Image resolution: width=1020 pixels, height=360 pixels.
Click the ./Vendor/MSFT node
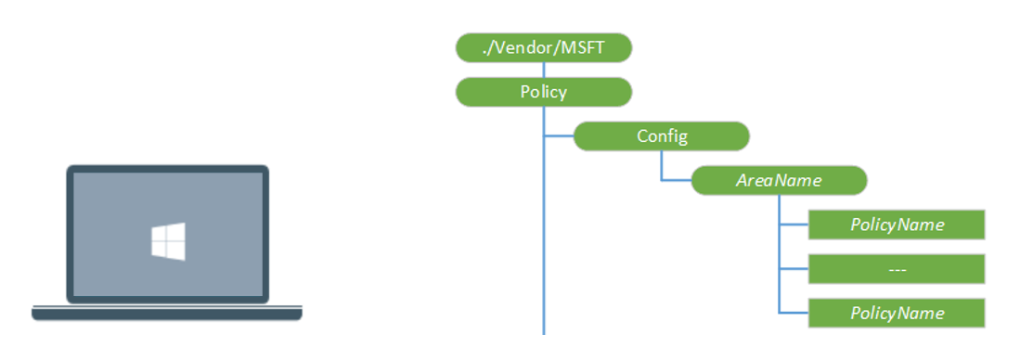pyautogui.click(x=544, y=47)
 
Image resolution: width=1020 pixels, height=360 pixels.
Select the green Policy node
pyautogui.click(x=544, y=92)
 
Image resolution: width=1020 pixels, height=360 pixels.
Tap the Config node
pyautogui.click(x=661, y=136)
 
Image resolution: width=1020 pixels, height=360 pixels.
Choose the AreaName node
pyautogui.click(x=779, y=180)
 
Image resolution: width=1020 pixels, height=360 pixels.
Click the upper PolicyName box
pyautogui.click(x=897, y=225)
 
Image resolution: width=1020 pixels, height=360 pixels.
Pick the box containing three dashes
pyautogui.click(x=897, y=269)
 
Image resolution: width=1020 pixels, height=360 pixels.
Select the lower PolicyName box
pyautogui.click(x=897, y=313)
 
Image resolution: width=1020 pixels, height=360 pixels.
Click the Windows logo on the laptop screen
pyautogui.click(x=168, y=240)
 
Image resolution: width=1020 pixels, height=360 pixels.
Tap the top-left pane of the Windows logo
pyautogui.click(x=160, y=234)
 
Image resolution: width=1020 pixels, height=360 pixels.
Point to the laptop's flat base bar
pyautogui.click(x=167, y=314)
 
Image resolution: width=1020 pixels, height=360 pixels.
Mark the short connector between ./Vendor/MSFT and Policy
pyautogui.click(x=544, y=70)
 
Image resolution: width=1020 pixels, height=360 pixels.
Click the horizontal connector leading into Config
pyautogui.click(x=559, y=136)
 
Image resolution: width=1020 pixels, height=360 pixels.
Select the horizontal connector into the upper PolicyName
pyautogui.click(x=794, y=225)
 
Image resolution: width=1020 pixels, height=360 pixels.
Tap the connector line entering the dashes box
pyautogui.click(x=794, y=269)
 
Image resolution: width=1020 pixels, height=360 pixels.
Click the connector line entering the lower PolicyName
pyautogui.click(x=794, y=313)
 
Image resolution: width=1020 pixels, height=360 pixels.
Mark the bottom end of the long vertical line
pyautogui.click(x=544, y=330)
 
